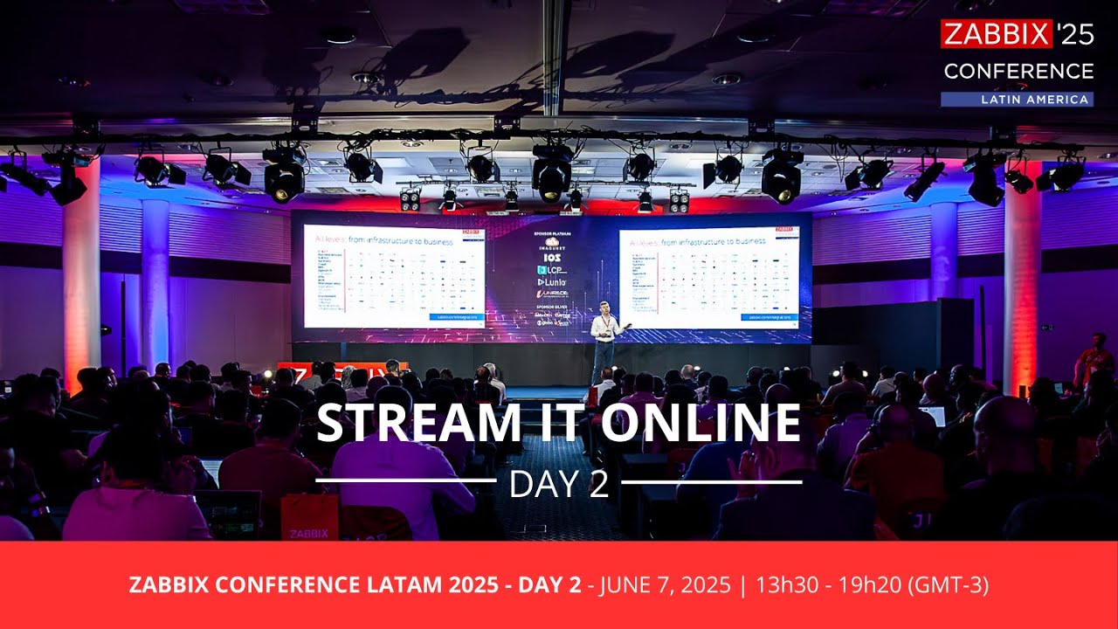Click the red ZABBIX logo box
coord(996,34)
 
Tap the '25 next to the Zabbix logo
coord(1074,34)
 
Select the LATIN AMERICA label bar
coord(1017,100)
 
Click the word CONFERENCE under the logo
coord(1018,71)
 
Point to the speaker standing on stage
coord(603,341)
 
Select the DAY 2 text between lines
coord(559,485)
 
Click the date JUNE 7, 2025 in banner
coord(665,585)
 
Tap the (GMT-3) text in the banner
coord(949,585)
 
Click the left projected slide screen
coord(393,275)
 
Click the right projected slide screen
coord(708,278)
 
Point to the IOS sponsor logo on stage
coord(551,259)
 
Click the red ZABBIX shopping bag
coord(309,517)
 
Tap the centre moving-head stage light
coord(552,175)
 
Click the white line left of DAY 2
coord(405,481)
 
